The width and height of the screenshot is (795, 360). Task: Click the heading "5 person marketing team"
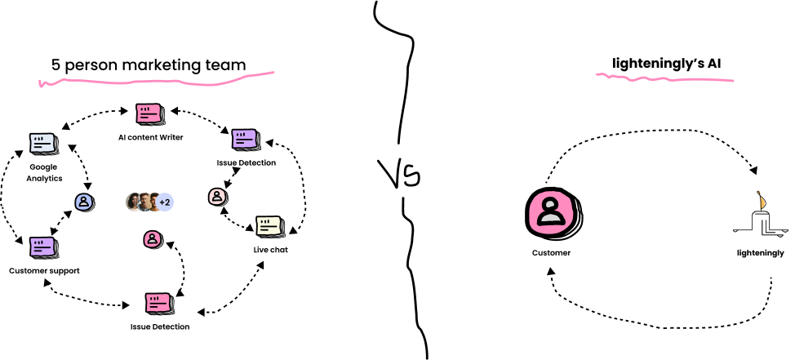(x=149, y=65)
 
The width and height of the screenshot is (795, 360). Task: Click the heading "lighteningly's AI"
(x=667, y=64)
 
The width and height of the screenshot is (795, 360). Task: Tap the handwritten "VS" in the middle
(x=399, y=174)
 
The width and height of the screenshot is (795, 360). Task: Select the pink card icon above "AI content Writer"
(x=149, y=114)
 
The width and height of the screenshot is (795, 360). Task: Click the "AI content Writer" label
(x=150, y=137)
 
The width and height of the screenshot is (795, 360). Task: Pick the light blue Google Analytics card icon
(x=43, y=144)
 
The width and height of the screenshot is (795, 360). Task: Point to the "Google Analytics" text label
(x=43, y=172)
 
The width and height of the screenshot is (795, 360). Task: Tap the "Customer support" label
(x=44, y=271)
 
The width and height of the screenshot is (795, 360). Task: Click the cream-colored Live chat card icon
(x=270, y=226)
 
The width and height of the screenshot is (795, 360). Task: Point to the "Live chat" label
(x=271, y=250)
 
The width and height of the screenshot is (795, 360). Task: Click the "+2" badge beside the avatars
(x=164, y=202)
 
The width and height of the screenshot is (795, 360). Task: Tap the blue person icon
(x=83, y=202)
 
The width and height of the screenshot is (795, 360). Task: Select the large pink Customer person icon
(x=553, y=212)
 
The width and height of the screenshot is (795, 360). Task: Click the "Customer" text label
(x=551, y=252)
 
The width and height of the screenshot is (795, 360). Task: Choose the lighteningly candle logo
(x=758, y=215)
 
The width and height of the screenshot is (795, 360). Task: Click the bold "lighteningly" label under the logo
(x=761, y=253)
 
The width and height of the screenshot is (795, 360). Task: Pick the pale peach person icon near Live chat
(x=216, y=196)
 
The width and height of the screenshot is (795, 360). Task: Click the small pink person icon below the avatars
(x=152, y=239)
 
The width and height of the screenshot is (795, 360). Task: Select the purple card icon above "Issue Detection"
(x=246, y=140)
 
